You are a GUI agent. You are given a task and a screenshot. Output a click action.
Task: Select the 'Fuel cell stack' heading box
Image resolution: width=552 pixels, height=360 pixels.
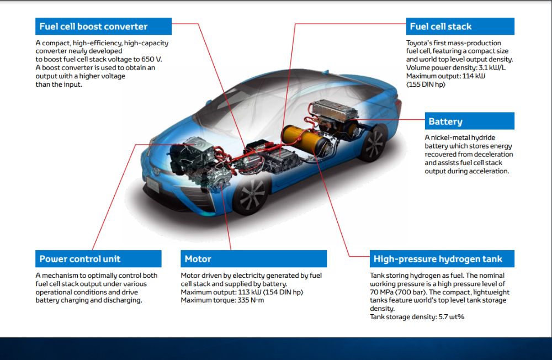click(x=440, y=27)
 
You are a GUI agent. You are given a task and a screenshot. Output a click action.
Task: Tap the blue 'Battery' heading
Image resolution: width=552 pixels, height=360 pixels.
click(x=445, y=121)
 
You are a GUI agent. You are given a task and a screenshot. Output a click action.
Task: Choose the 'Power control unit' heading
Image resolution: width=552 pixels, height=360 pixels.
click(x=80, y=259)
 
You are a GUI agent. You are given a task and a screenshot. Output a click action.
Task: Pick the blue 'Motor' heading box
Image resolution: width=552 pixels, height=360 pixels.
click(x=198, y=259)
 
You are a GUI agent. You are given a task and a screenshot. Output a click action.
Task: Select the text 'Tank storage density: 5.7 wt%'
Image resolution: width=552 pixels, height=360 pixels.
click(x=417, y=317)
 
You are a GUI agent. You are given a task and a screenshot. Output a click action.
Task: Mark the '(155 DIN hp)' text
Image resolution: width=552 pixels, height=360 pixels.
click(x=426, y=84)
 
